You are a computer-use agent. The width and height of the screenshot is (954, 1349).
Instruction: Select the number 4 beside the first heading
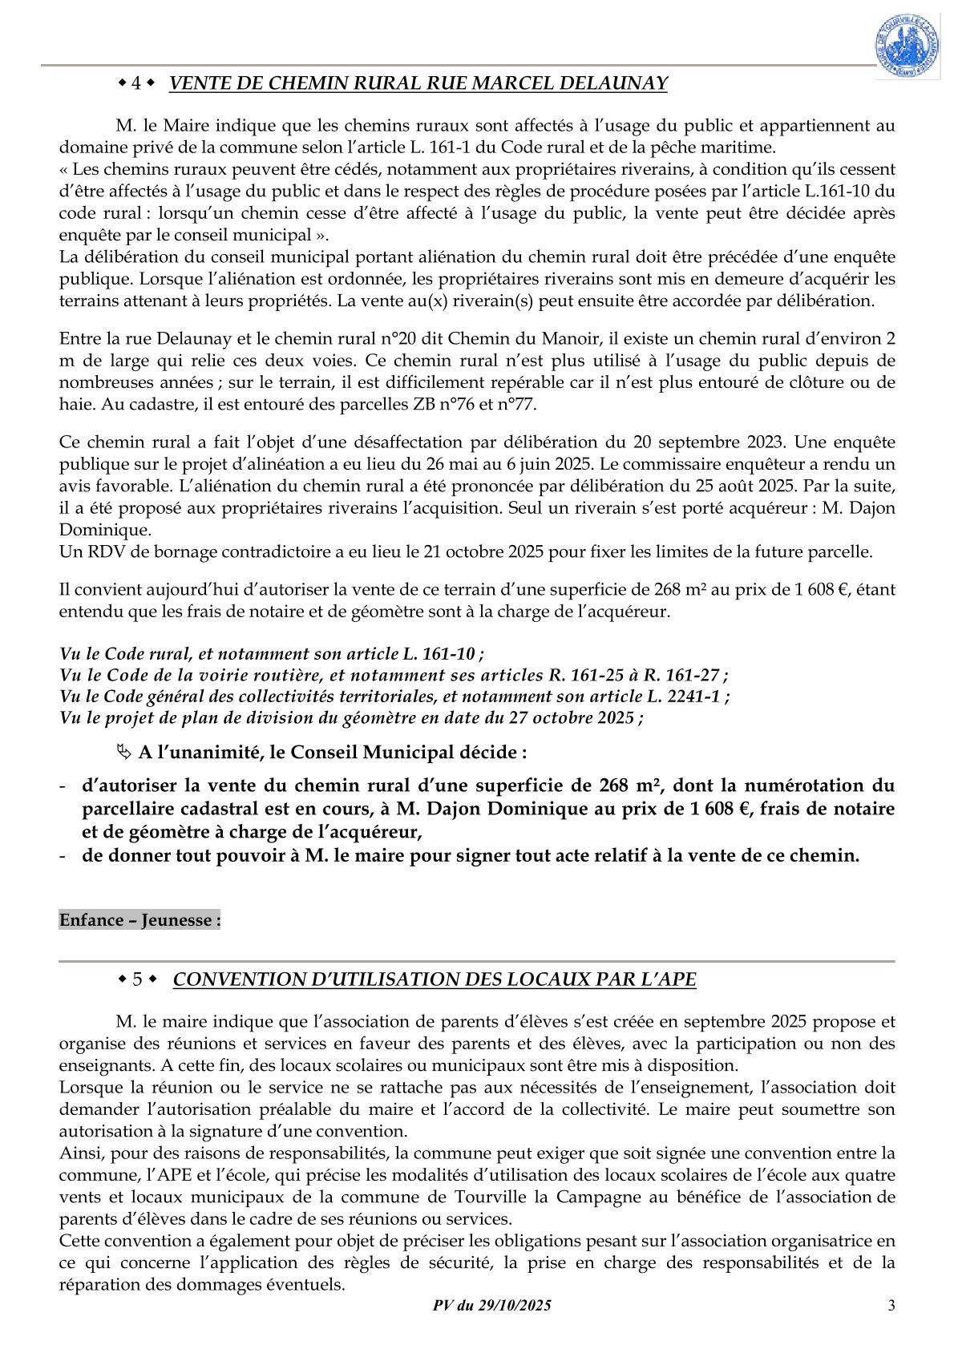(x=135, y=83)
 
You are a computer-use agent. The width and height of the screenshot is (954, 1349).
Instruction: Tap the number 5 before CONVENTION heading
(x=138, y=979)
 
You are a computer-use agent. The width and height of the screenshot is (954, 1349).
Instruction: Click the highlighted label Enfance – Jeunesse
(x=139, y=919)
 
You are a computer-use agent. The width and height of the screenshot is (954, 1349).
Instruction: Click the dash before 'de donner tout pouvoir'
(x=64, y=855)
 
